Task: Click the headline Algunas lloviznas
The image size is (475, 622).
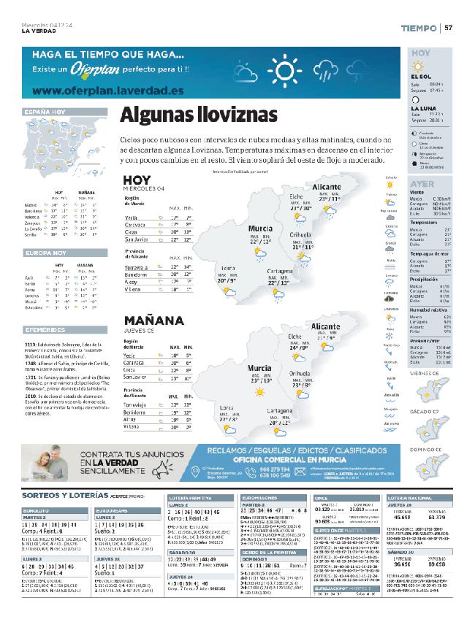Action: (199, 115)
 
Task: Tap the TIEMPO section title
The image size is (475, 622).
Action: (419, 28)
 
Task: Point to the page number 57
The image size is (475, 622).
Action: (449, 28)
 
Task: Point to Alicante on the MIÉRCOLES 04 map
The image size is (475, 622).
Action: (326, 187)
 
